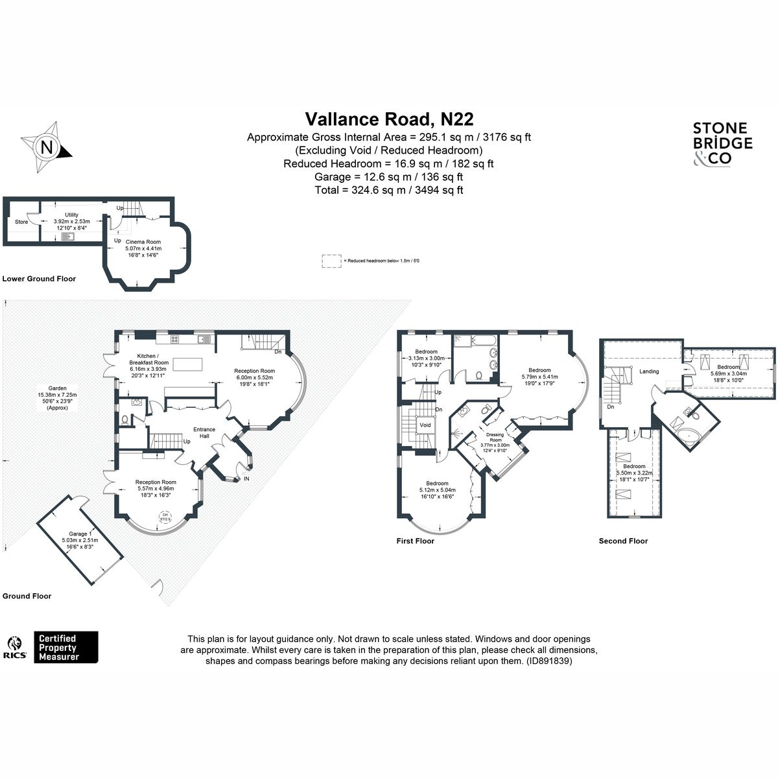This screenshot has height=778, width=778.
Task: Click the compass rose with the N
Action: (46, 147)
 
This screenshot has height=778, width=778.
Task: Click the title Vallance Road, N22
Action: (389, 119)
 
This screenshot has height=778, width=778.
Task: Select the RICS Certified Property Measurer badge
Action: (52, 647)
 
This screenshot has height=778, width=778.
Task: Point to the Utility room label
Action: (71, 215)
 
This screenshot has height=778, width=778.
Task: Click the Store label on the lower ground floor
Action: (21, 222)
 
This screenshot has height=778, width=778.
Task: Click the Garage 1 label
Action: (75, 534)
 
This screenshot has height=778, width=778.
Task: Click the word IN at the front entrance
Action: (246, 479)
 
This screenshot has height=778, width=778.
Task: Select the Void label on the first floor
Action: (425, 425)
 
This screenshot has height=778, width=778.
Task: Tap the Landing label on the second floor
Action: (649, 371)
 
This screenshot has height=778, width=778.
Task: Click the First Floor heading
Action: (415, 541)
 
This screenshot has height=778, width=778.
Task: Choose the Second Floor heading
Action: (622, 541)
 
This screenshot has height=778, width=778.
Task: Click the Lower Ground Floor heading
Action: (39, 279)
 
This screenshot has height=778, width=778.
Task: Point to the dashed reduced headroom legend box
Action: (331, 261)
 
